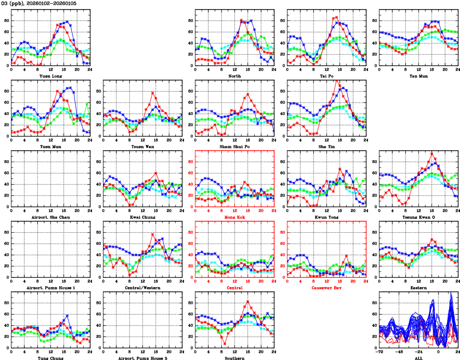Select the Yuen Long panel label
click(51, 75)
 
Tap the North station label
click(235, 75)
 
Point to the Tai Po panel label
click(327, 75)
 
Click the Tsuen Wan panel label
click(143, 146)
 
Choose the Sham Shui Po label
click(235, 146)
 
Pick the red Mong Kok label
click(235, 217)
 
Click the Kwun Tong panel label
click(327, 217)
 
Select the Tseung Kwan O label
click(419, 217)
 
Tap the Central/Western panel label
click(143, 288)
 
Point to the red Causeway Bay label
click(327, 288)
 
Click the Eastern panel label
click(419, 288)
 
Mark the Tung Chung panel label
click(51, 358)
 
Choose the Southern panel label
click(235, 358)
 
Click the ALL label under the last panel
click(419, 358)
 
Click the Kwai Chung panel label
click(143, 217)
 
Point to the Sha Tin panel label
click(327, 146)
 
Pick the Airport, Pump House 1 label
click(51, 288)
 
